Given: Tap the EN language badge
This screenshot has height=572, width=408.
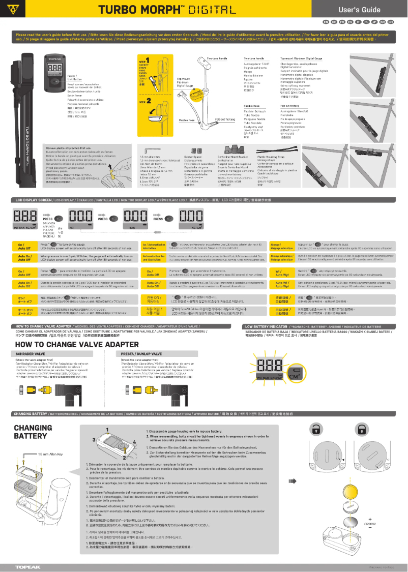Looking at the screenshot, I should click(326, 23).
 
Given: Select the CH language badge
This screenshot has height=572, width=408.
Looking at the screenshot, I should click(390, 23).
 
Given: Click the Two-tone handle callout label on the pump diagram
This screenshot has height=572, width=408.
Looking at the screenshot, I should click(217, 58).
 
